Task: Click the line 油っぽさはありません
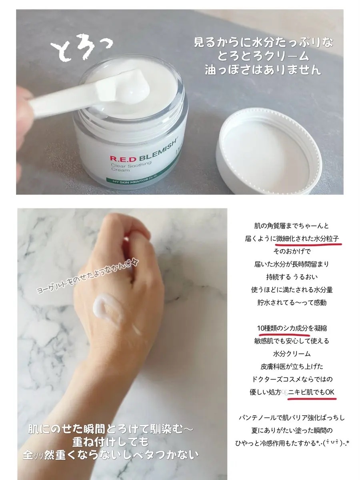[x=263, y=70]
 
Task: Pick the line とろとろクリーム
[x=263, y=56]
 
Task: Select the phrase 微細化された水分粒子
[x=308, y=238]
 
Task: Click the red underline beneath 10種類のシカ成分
[x=284, y=334]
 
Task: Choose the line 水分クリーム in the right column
[x=292, y=354]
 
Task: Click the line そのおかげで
[x=292, y=252]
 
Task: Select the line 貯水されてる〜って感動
[x=292, y=303]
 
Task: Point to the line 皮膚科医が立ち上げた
[x=292, y=366]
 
